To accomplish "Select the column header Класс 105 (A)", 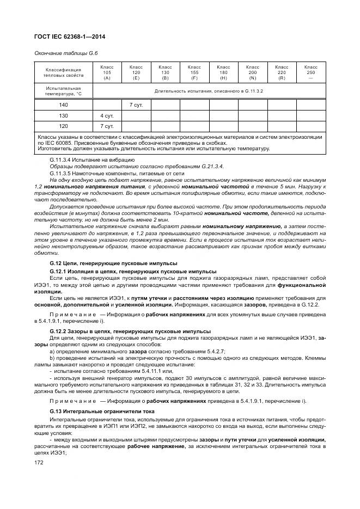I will (x=107, y=72).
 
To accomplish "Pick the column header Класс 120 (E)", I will (x=136, y=72).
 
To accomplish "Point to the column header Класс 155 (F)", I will (x=194, y=72).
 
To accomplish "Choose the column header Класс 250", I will (x=310, y=72).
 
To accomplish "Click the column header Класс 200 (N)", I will (x=252, y=72).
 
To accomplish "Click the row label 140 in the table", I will (x=64, y=105).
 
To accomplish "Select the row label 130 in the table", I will (x=64, y=115).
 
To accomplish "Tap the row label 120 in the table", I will (x=64, y=126).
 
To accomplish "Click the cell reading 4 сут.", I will (x=107, y=115).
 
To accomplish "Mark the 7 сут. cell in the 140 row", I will (x=136, y=105).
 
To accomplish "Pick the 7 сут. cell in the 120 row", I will (x=107, y=126).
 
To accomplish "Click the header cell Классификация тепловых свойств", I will (x=64, y=72).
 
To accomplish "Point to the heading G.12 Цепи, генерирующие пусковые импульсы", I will (x=113, y=263).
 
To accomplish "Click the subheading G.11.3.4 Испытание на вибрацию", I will (x=91, y=160).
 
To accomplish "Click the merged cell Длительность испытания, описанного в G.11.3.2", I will (x=209, y=90).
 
